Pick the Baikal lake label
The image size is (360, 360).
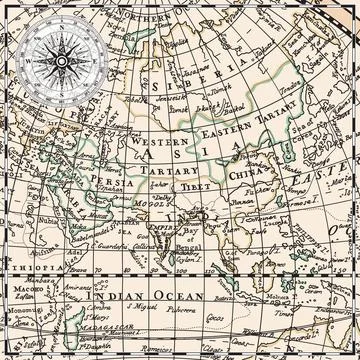pyautogui.click(x=235, y=106)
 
